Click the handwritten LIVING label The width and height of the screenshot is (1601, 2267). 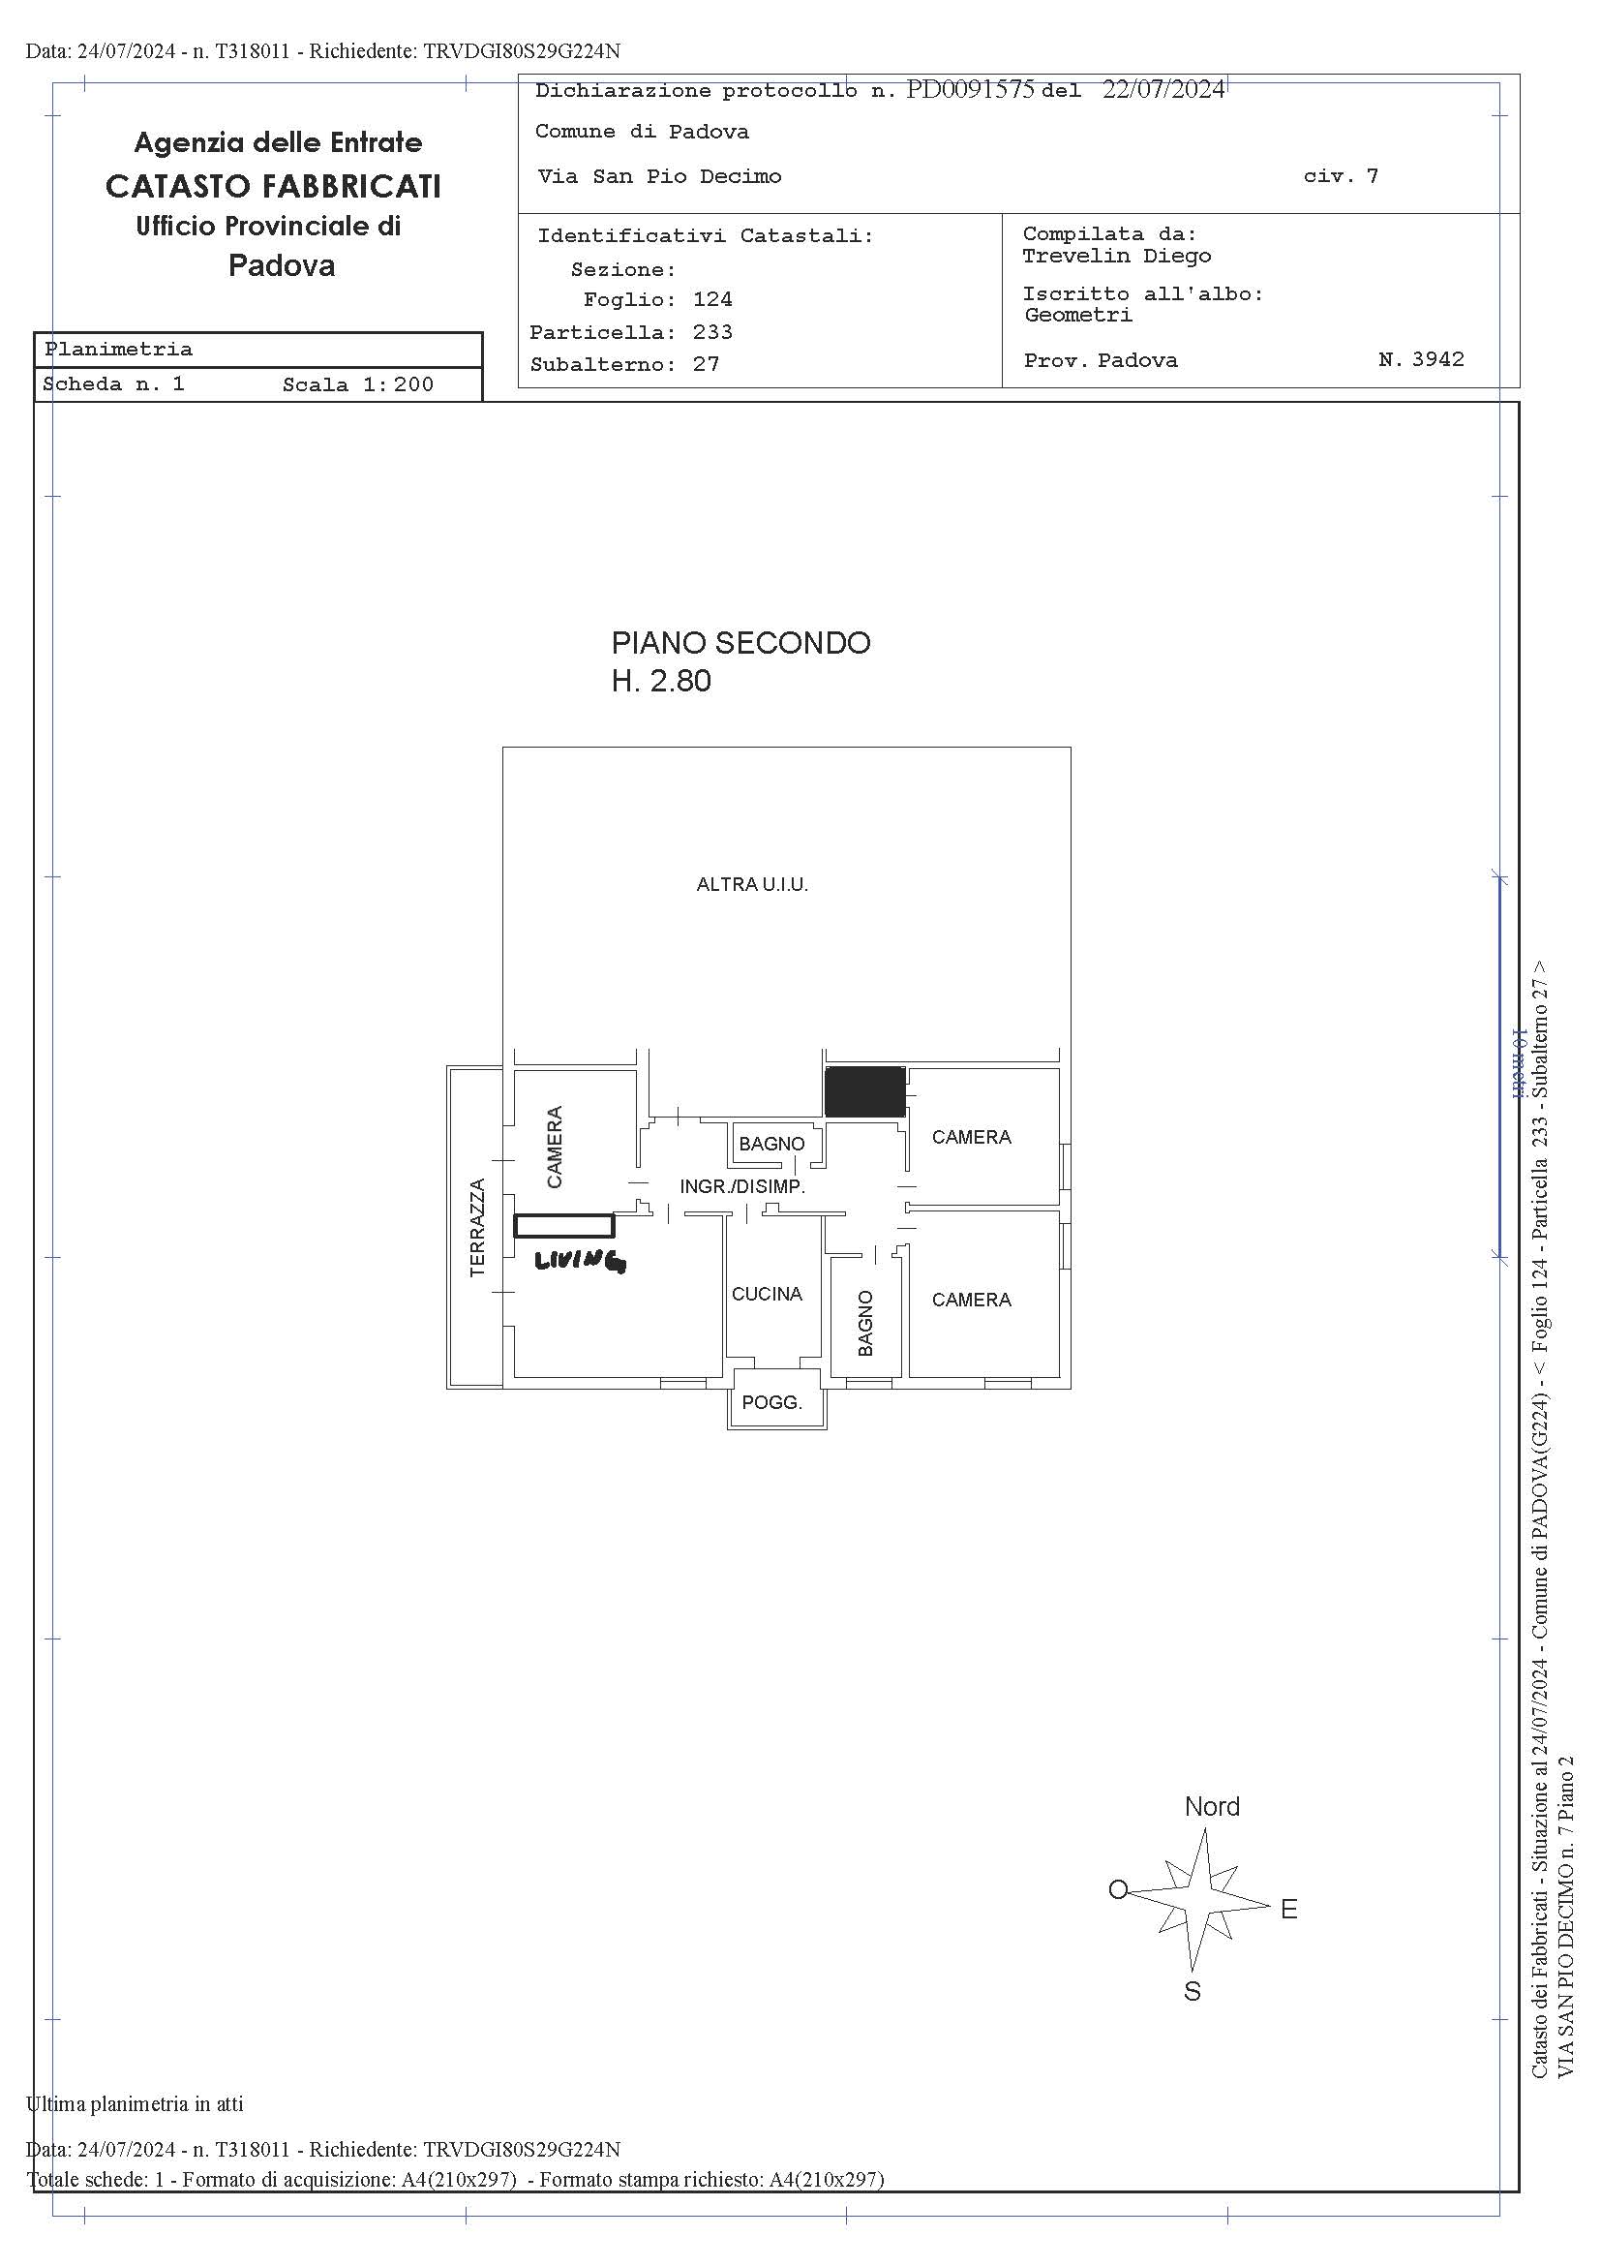click(580, 1261)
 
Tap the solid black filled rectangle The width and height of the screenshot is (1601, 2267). click(865, 1091)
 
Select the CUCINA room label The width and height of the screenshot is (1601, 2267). click(767, 1294)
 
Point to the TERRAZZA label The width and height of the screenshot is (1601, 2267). click(478, 1227)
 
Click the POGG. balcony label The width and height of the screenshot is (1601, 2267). click(771, 1402)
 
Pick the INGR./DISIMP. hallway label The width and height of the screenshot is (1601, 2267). click(742, 1187)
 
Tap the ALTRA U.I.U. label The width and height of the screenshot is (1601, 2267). click(752, 885)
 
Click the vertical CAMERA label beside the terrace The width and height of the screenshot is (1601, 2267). click(555, 1147)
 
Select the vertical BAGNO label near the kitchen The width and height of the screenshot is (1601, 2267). click(865, 1323)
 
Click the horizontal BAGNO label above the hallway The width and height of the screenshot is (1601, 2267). click(771, 1144)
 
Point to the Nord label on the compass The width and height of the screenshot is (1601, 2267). click(1212, 1807)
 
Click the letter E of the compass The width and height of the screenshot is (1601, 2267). click(1289, 1910)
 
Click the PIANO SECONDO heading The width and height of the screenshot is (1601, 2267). click(741, 643)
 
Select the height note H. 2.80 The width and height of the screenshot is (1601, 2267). click(661, 682)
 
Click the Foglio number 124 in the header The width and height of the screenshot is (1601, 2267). click(712, 299)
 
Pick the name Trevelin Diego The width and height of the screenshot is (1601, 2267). click(1116, 257)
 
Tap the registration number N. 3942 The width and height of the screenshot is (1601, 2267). click(1421, 359)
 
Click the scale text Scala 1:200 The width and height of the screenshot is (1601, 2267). click(358, 384)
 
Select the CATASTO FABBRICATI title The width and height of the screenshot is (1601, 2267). click(273, 186)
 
